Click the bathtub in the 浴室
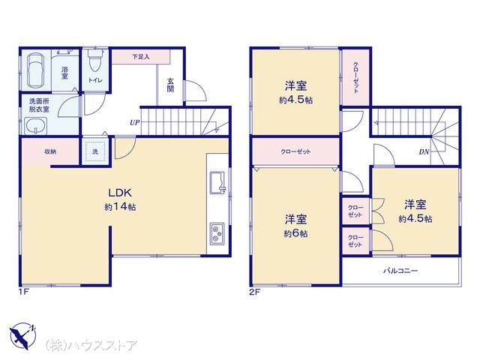tap(35, 70)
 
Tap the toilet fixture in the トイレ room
tap(94, 60)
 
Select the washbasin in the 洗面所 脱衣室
tap(36, 126)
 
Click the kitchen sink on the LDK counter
tap(217, 183)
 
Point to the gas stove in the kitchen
tap(217, 234)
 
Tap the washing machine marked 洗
tap(95, 151)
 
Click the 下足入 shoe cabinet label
tap(141, 57)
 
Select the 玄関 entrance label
tap(170, 85)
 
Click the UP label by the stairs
tap(135, 123)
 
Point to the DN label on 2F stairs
tap(424, 151)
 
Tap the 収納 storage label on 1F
tap(50, 151)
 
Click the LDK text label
tap(120, 193)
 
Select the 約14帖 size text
tap(120, 207)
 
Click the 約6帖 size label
tap(295, 233)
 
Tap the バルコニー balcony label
tap(400, 271)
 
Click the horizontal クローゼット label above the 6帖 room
tap(295, 151)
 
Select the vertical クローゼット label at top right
tap(355, 77)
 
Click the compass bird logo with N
tap(23, 336)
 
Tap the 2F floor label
tap(255, 292)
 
